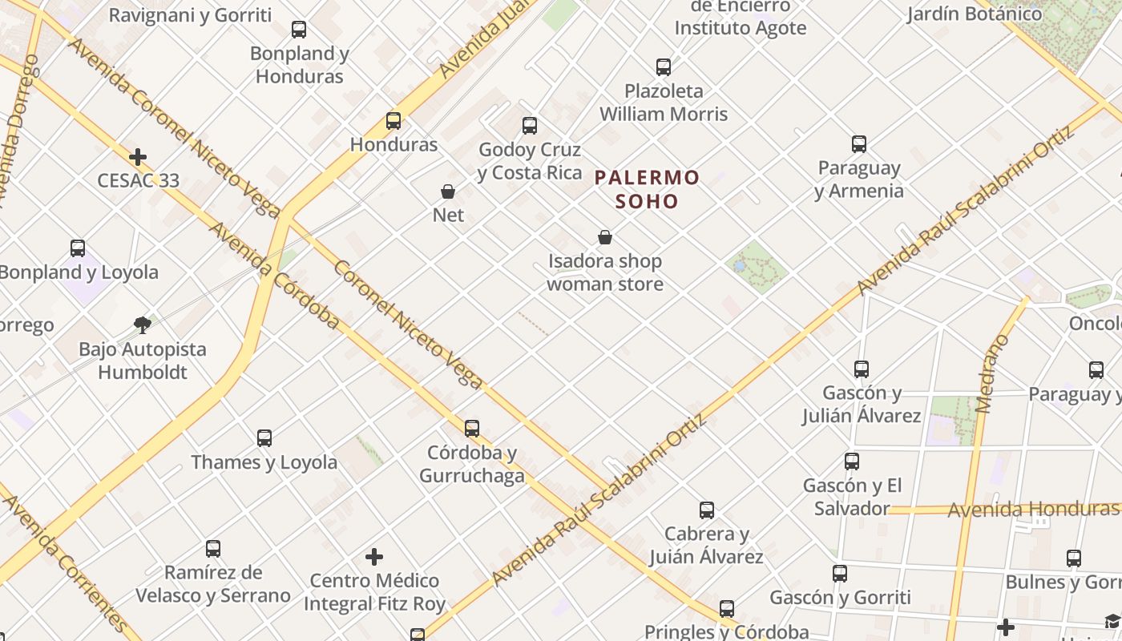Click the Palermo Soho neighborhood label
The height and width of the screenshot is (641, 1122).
648,188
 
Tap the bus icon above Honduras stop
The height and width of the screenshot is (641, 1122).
394,121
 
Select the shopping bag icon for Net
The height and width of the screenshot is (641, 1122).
448,191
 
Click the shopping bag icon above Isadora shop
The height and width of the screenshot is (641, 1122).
605,237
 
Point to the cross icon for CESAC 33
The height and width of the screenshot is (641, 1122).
138,156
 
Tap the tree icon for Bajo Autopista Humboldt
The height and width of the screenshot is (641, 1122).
143,325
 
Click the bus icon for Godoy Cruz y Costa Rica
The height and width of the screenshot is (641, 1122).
530,125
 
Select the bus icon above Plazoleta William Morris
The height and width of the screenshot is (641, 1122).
664,67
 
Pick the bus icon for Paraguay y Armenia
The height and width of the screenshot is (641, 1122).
859,144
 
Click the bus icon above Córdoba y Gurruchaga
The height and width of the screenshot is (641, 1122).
472,428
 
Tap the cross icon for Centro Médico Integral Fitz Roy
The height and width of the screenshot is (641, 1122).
374,556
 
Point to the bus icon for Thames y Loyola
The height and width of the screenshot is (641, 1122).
264,438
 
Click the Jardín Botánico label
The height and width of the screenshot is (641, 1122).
975,14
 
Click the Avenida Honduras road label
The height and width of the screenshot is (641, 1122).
1032,510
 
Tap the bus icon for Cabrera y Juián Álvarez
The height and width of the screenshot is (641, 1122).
707,510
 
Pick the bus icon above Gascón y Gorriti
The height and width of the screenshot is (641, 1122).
840,573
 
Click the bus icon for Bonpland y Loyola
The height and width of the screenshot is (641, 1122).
78,248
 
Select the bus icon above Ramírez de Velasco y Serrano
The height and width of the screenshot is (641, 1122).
213,548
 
